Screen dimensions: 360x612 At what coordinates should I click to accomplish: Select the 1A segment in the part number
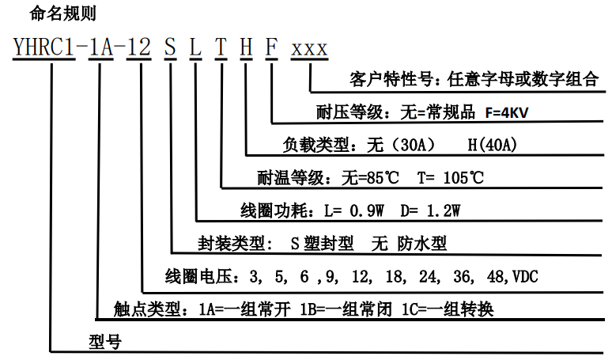[x=100, y=49]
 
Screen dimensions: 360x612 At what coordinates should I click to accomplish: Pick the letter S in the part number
[x=170, y=49]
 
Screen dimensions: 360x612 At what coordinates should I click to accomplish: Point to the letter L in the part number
[x=195, y=49]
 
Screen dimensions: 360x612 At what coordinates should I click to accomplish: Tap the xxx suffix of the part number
[x=309, y=49]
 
